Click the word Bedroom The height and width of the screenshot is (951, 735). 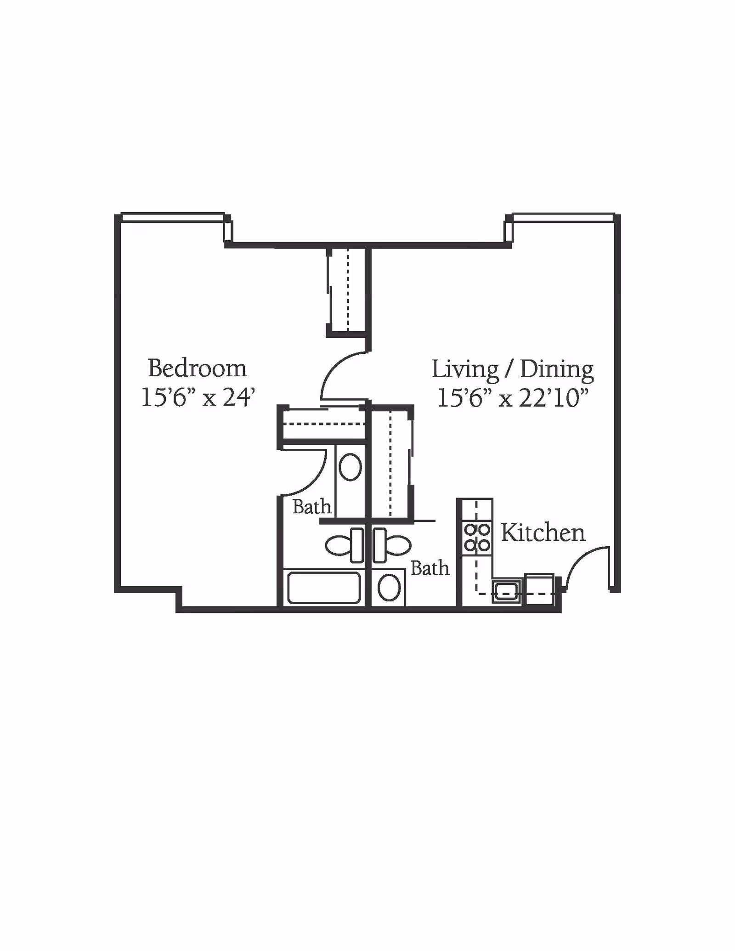tap(197, 368)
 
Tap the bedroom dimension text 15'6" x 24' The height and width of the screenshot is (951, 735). tap(198, 397)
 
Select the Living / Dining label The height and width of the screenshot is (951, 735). tap(512, 370)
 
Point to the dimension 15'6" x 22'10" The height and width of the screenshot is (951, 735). tap(513, 397)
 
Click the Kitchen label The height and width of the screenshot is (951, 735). tap(543, 533)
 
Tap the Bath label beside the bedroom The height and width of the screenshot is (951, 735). tap(312, 507)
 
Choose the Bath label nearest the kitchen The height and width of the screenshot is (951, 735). tap(430, 568)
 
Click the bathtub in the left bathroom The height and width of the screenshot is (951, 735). tap(324, 588)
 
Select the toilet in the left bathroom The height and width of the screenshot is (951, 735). tap(344, 545)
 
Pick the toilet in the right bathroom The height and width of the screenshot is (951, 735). tap(392, 545)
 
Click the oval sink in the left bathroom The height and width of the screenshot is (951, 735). tap(350, 467)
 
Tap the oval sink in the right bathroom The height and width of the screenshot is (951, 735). tap(389, 588)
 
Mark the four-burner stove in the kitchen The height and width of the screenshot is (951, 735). tap(477, 538)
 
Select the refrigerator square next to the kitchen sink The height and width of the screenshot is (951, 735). tap(539, 590)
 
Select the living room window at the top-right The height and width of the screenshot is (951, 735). tap(563, 217)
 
